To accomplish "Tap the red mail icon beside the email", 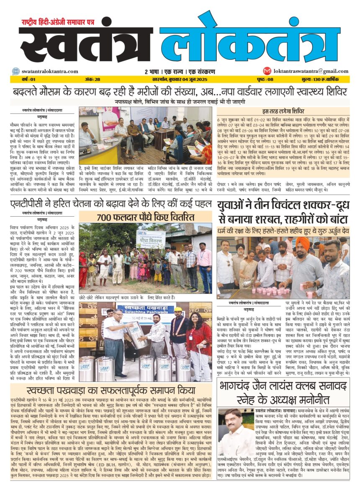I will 267,71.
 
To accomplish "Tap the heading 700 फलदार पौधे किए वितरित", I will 145,217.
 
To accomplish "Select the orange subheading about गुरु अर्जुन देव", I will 283,231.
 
